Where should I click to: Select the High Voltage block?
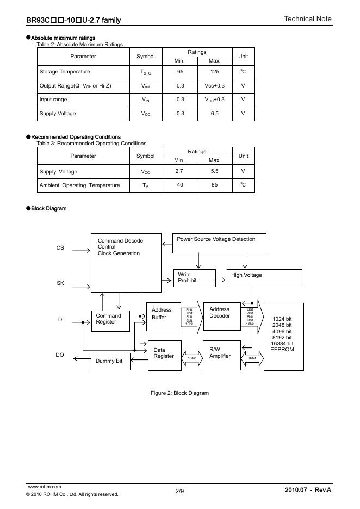[264, 278]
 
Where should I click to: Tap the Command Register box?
[110, 321]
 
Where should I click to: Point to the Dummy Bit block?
[110, 361]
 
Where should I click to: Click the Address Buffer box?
[164, 316]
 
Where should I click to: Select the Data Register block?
[165, 355]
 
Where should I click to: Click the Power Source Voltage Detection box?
[219, 243]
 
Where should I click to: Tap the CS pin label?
[60, 248]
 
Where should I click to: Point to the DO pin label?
[60, 355]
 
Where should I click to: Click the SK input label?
[60, 283]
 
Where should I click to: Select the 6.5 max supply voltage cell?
[214, 114]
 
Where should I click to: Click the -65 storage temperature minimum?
[179, 72]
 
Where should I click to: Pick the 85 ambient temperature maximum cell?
[214, 185]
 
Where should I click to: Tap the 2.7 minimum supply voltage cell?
[179, 172]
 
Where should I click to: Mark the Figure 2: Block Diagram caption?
[179, 393]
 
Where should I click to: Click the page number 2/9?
[179, 492]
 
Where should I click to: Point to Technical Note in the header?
[307, 19]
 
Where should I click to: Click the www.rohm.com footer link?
[44, 487]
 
